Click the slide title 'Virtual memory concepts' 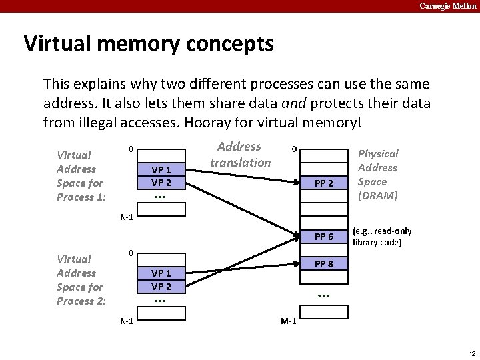tap(149, 43)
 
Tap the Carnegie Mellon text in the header tap(448, 6)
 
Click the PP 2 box tap(323, 183)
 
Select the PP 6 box tap(323, 237)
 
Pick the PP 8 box tap(323, 265)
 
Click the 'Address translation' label tap(240, 154)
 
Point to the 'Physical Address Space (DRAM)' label tap(377, 175)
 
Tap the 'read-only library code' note tap(382, 237)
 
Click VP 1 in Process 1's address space tap(161, 169)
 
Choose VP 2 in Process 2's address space tap(161, 287)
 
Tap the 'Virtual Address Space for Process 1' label tap(81, 176)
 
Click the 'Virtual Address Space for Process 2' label tap(81, 280)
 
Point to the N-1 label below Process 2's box tap(126, 321)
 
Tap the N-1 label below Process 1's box tap(126, 217)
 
